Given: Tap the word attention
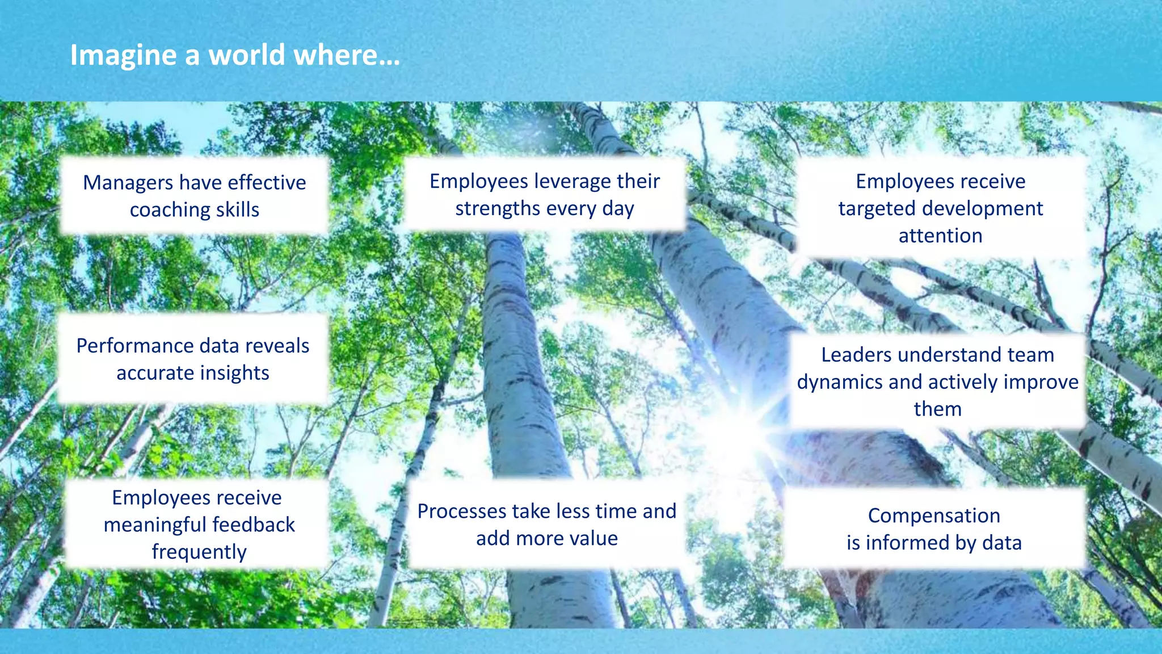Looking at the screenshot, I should [x=940, y=236].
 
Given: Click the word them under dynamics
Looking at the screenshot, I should [x=937, y=409].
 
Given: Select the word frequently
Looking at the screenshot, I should [x=199, y=552].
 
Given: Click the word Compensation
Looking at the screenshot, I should [x=934, y=515].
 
